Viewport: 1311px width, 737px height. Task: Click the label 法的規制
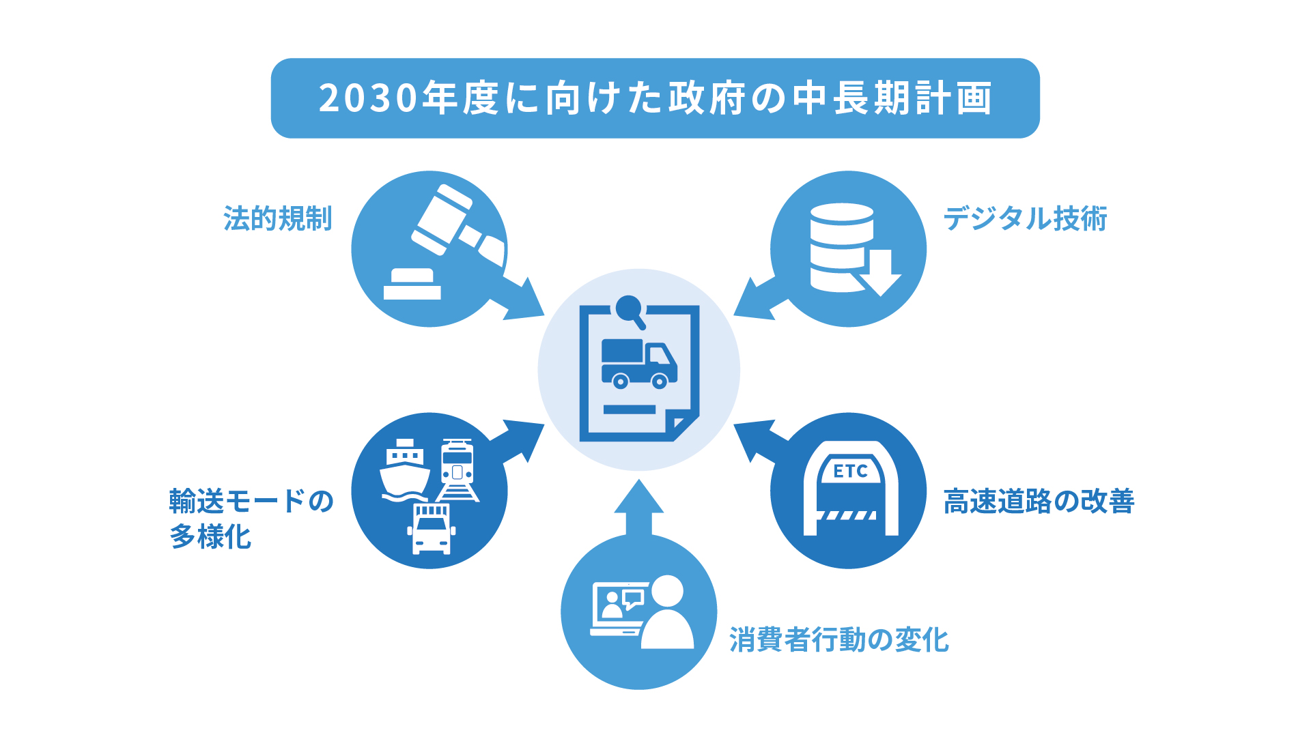click(278, 218)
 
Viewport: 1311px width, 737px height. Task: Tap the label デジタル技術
click(1025, 218)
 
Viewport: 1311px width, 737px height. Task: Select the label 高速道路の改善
click(1039, 501)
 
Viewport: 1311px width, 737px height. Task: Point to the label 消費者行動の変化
click(839, 639)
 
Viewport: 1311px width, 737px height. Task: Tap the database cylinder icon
click(842, 247)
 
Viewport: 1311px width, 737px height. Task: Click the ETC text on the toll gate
click(850, 471)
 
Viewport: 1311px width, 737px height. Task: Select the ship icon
click(405, 470)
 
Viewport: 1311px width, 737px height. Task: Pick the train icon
click(457, 470)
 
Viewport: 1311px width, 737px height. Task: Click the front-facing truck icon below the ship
click(432, 530)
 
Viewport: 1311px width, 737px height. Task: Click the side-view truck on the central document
click(639, 364)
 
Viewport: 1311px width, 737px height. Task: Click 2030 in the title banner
click(368, 98)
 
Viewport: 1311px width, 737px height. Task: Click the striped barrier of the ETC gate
click(847, 515)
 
